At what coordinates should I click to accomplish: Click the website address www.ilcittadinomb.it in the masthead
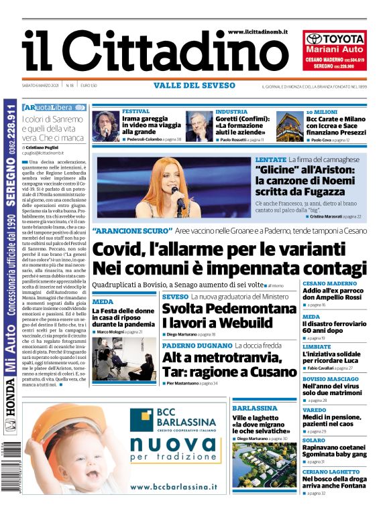(258, 31)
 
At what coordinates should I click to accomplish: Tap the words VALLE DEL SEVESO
(194, 86)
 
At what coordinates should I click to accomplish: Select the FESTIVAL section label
(136, 111)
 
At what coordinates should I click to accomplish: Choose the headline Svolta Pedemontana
(229, 309)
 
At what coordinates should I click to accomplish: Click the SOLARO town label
(314, 440)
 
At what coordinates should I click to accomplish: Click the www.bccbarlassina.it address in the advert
(174, 487)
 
